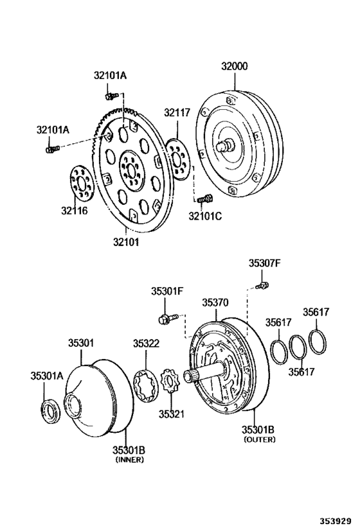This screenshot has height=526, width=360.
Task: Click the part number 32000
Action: pyautogui.click(x=235, y=66)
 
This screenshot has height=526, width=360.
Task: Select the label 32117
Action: pyautogui.click(x=176, y=112)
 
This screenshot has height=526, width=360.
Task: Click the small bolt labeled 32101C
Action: pyautogui.click(x=204, y=200)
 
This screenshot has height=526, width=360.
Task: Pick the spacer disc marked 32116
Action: pyautogui.click(x=82, y=183)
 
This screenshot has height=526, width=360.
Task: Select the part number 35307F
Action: pyautogui.click(x=265, y=263)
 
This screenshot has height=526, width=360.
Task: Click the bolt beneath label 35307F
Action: pyautogui.click(x=262, y=283)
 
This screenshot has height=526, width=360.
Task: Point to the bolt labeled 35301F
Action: pyautogui.click(x=163, y=318)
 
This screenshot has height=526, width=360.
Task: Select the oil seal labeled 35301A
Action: pyautogui.click(x=51, y=410)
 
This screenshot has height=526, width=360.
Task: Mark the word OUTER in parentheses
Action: pyautogui.click(x=259, y=440)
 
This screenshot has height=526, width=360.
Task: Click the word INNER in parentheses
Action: pyautogui.click(x=129, y=460)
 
